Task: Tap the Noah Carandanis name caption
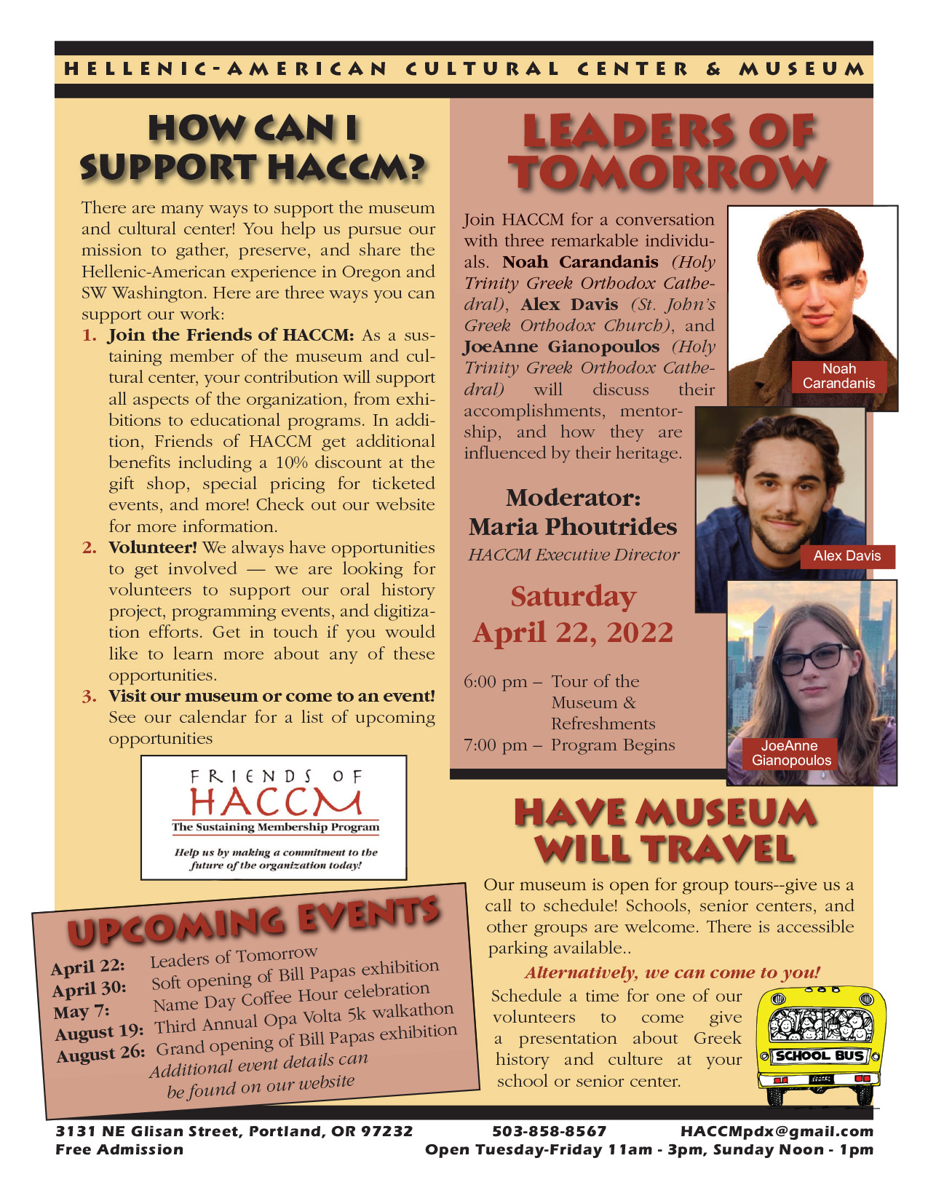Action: point(838,376)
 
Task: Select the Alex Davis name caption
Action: point(846,556)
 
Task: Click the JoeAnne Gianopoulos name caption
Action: point(790,753)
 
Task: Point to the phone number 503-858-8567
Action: point(549,1131)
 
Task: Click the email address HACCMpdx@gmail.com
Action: point(776,1131)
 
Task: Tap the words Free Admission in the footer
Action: point(119,1149)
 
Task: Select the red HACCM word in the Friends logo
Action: point(275,801)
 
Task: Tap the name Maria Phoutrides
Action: point(573,526)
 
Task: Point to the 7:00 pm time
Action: point(496,745)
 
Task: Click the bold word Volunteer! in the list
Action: point(153,547)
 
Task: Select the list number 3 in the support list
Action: point(89,697)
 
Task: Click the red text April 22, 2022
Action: point(573,632)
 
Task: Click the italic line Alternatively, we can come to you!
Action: point(672,972)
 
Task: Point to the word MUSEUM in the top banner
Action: point(801,69)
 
